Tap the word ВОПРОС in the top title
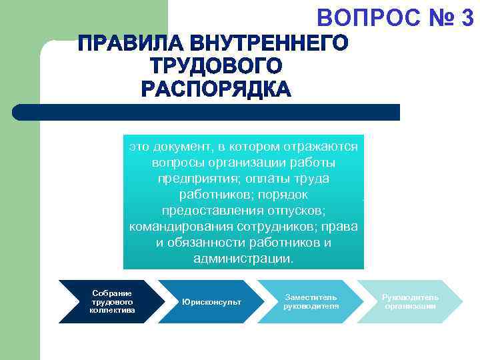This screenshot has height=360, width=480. [x=364, y=19]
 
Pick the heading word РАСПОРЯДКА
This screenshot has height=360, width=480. [x=216, y=88]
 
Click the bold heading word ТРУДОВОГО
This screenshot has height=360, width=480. [x=216, y=66]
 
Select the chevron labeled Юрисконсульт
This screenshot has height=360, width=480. [x=211, y=302]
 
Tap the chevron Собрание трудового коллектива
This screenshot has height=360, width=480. [x=112, y=302]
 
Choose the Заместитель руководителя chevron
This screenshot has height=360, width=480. [x=311, y=302]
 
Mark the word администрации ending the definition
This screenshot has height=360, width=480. [x=243, y=258]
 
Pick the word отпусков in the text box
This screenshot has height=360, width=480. [x=293, y=210]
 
